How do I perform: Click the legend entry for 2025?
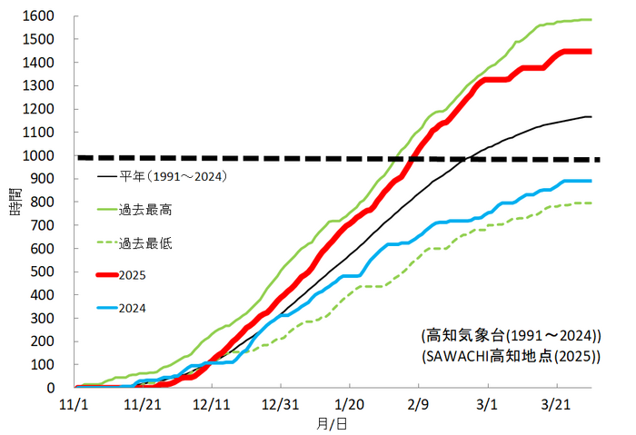coord(132,274)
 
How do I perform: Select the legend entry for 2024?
coord(132,308)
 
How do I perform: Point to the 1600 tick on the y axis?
coord(37,16)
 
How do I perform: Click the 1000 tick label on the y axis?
coord(37,155)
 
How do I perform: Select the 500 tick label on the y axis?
coord(41,272)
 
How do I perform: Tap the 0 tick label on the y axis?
coord(49,388)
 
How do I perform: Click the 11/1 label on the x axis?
coord(74,403)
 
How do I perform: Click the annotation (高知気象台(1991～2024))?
coord(512,334)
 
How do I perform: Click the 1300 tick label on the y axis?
coord(37,86)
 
